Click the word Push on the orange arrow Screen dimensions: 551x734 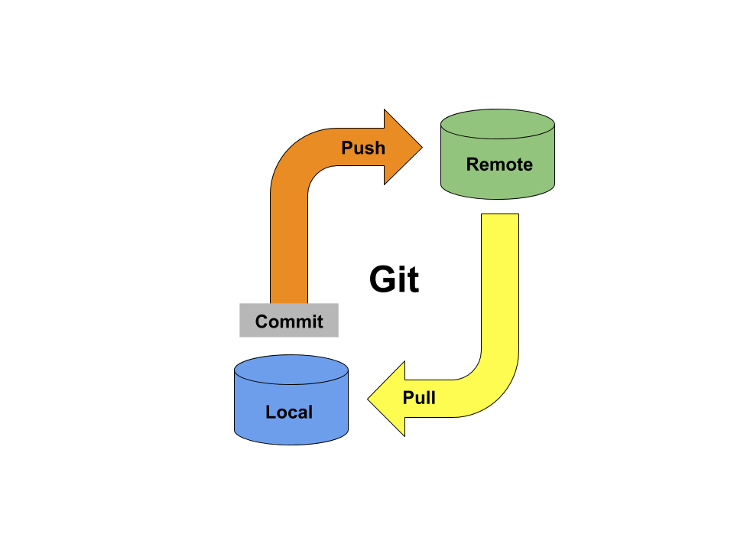click(362, 148)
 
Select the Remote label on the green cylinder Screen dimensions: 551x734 click(499, 165)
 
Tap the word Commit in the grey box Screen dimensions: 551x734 click(289, 321)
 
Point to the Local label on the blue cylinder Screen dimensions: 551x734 click(289, 412)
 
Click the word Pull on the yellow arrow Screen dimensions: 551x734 click(419, 398)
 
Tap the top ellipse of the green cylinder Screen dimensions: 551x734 click(498, 123)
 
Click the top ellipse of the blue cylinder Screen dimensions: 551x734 click(291, 369)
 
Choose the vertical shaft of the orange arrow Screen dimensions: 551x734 click(289, 245)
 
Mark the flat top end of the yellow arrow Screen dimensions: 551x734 click(500, 217)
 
